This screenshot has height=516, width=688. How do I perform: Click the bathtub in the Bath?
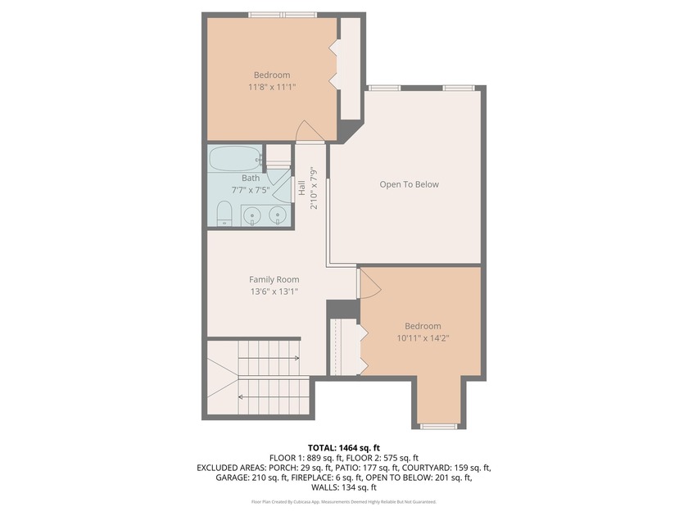pos(235,158)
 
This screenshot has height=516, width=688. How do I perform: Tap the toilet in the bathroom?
pos(224,214)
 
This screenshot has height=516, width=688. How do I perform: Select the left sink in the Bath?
pos(252,215)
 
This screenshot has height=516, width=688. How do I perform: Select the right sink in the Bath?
pos(278,215)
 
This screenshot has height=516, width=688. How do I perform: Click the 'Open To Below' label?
pos(409,184)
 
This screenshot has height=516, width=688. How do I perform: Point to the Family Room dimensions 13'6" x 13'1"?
pos(274,292)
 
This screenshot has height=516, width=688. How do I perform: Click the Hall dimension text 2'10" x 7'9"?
pos(314,188)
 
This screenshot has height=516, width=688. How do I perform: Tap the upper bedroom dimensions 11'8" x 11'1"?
pos(272,87)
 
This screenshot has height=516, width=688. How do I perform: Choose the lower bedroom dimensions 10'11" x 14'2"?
pos(423,337)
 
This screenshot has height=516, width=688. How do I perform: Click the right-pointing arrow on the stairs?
pos(269,359)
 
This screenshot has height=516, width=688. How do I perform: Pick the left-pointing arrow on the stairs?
pos(269,397)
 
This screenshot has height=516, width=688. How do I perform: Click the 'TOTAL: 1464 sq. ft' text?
pos(343,448)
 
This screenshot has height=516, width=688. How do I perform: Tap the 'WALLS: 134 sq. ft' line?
pos(344,487)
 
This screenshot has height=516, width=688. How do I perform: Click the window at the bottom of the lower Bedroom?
pos(439,426)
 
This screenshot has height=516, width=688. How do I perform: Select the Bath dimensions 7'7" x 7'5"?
pos(251,190)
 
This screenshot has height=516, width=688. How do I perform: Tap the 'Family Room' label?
pos(274,279)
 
